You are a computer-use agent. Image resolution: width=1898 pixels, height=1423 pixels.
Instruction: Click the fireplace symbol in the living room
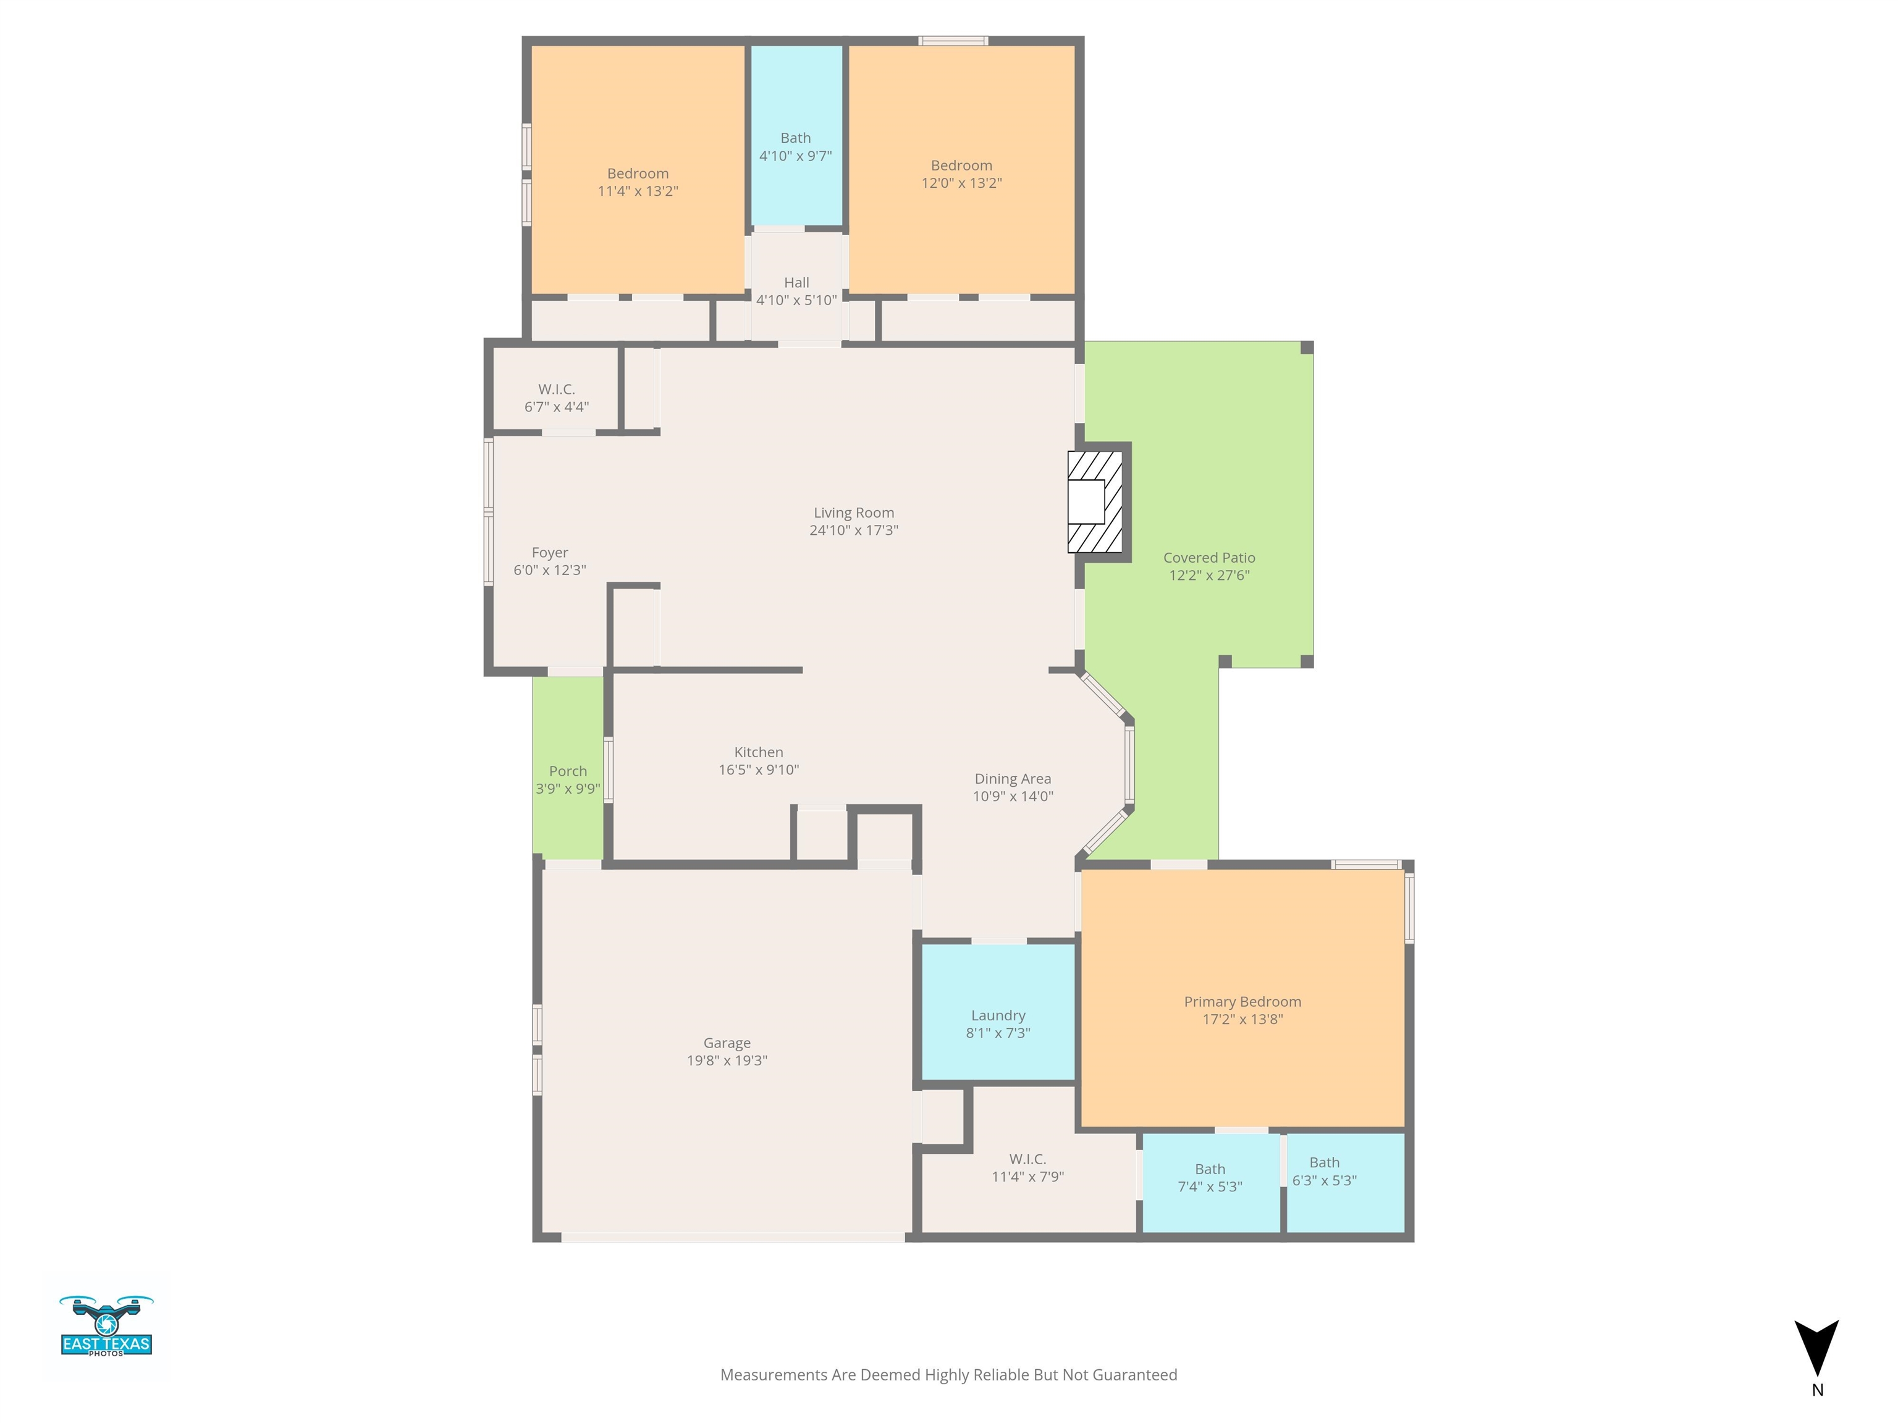click(x=1095, y=502)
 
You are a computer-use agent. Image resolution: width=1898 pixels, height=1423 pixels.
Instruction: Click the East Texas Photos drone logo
click(x=106, y=1325)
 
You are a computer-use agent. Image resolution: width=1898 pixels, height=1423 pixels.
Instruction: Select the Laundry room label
click(x=998, y=1015)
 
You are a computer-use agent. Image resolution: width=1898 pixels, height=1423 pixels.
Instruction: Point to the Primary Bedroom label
click(x=1242, y=1002)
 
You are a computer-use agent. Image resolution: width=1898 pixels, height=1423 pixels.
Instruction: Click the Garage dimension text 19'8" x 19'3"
click(x=727, y=1060)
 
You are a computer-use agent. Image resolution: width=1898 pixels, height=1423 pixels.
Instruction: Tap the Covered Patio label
click(x=1209, y=558)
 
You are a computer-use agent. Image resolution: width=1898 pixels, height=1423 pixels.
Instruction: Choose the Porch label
click(x=568, y=771)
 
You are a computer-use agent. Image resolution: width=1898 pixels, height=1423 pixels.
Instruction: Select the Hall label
click(x=796, y=282)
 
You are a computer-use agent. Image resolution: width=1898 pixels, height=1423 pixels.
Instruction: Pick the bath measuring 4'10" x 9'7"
click(x=795, y=146)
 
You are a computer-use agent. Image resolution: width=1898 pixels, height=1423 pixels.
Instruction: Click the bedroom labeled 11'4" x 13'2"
click(x=638, y=182)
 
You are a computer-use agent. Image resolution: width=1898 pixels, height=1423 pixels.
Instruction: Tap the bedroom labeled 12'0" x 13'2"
click(x=962, y=174)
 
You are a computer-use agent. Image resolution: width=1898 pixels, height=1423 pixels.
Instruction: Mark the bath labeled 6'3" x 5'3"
click(x=1324, y=1172)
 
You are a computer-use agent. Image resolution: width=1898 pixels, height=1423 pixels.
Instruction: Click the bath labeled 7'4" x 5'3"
click(x=1210, y=1178)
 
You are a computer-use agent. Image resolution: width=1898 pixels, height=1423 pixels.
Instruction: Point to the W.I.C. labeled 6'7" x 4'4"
click(x=557, y=398)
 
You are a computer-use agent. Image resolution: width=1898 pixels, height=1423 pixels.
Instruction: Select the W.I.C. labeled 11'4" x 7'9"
click(x=1028, y=1167)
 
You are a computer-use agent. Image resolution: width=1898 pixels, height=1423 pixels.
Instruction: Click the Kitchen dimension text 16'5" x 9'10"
click(x=759, y=770)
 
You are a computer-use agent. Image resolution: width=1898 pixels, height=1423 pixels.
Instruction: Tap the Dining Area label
click(x=1013, y=779)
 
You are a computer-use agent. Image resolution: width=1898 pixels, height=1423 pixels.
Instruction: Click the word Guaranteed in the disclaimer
click(x=1134, y=1375)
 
